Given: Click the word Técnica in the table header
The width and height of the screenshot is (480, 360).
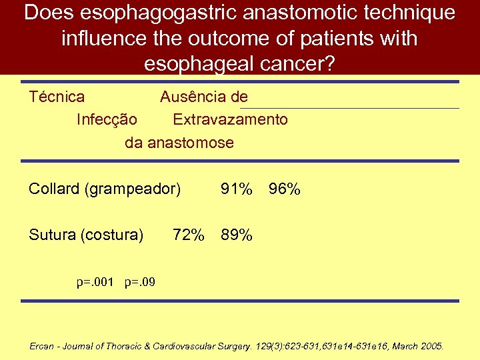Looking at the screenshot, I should pyautogui.click(x=57, y=97).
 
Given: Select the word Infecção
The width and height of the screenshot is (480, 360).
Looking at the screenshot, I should pyautogui.click(x=107, y=120).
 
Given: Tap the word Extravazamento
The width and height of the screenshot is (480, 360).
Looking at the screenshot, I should pyautogui.click(x=231, y=120).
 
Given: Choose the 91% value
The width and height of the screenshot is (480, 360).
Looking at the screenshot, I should pyautogui.click(x=237, y=190).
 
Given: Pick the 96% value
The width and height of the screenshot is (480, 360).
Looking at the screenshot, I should pyautogui.click(x=285, y=190).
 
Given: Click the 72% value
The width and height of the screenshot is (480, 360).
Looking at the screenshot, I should pyautogui.click(x=189, y=235).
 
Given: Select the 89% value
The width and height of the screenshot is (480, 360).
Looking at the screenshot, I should pyautogui.click(x=237, y=235).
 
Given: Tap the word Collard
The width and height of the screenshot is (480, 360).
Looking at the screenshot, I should pyautogui.click(x=54, y=190).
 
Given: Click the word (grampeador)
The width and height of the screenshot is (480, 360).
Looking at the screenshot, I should pyautogui.click(x=133, y=190).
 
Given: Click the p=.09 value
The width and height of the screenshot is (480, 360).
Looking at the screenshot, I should pyautogui.click(x=140, y=282).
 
